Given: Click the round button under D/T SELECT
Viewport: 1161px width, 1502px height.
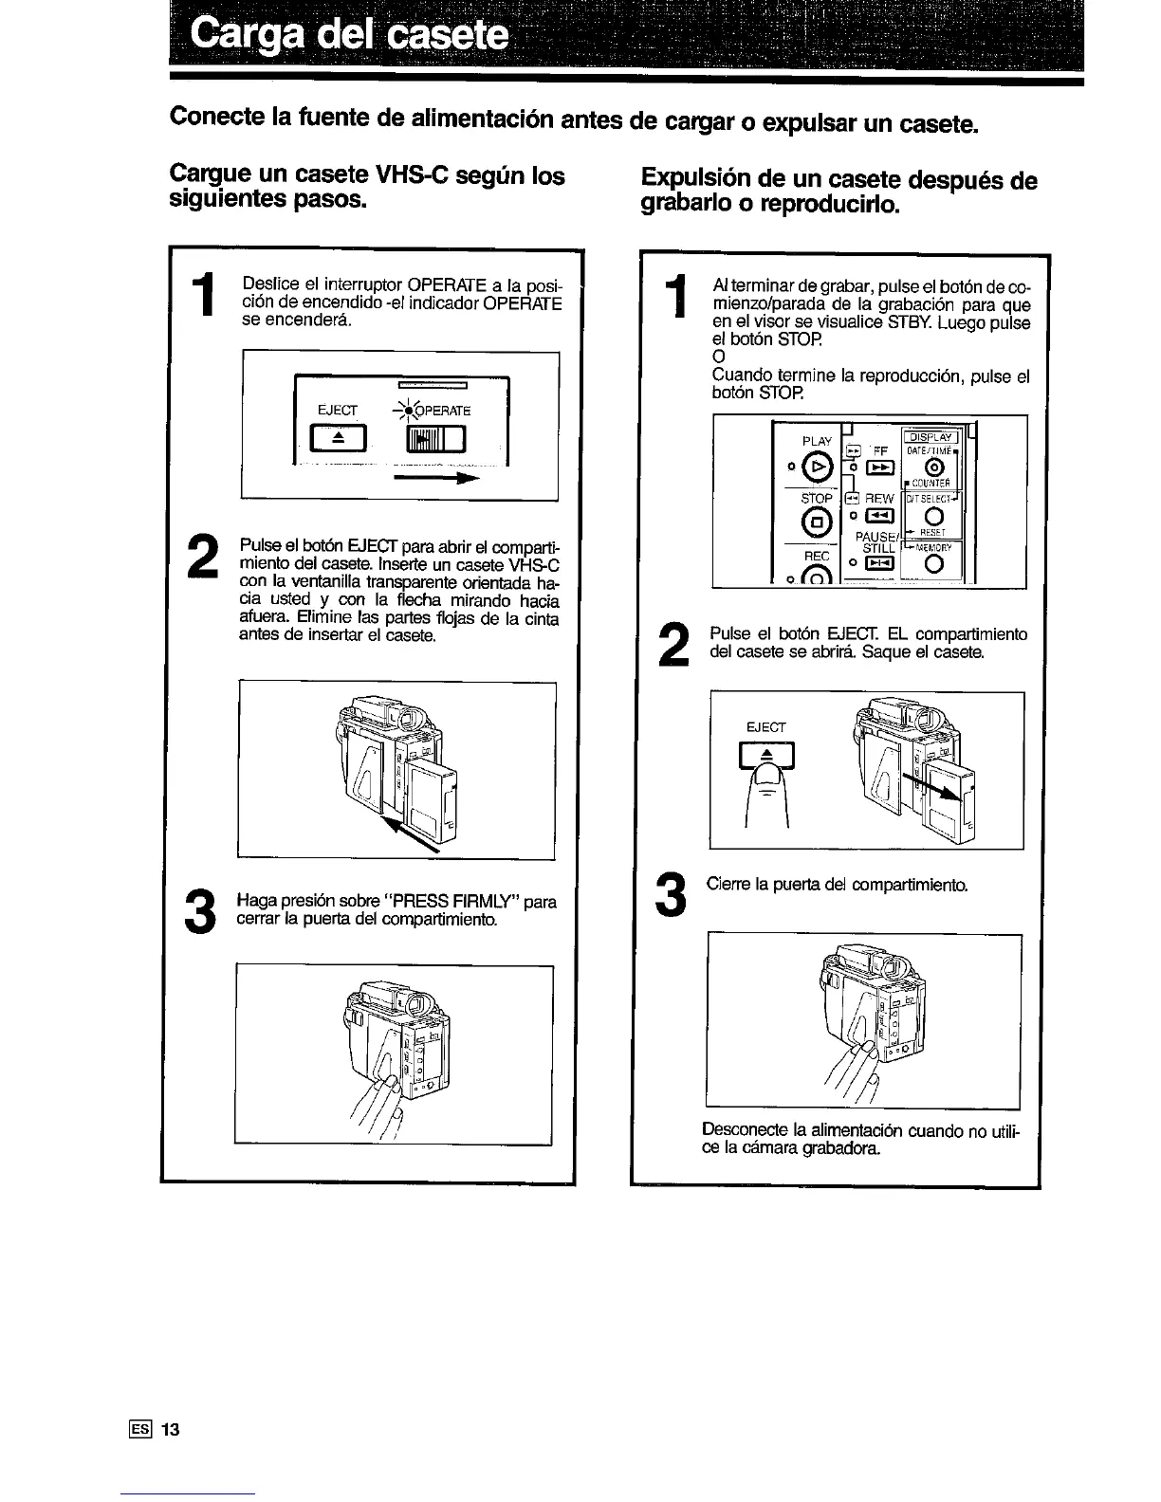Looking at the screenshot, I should (934, 516).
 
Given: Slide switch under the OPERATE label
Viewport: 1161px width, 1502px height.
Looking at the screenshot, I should (436, 442).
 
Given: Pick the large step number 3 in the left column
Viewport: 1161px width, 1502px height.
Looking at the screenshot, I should (199, 911).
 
